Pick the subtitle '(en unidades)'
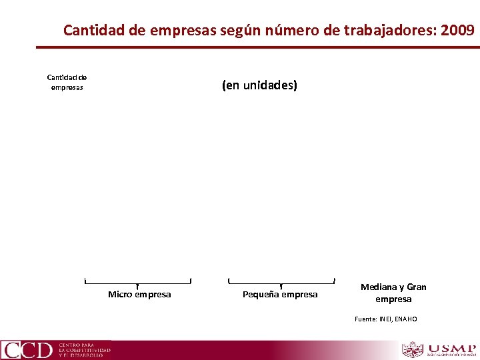(x=259, y=85)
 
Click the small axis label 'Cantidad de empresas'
(x=67, y=82)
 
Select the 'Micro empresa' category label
(x=139, y=295)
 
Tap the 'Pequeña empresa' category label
(x=280, y=295)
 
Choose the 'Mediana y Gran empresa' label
(x=393, y=293)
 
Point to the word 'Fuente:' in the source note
(x=365, y=319)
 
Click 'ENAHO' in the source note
(x=406, y=319)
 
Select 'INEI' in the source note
(x=386, y=319)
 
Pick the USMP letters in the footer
(x=452, y=349)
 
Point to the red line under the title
(x=257, y=47)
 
